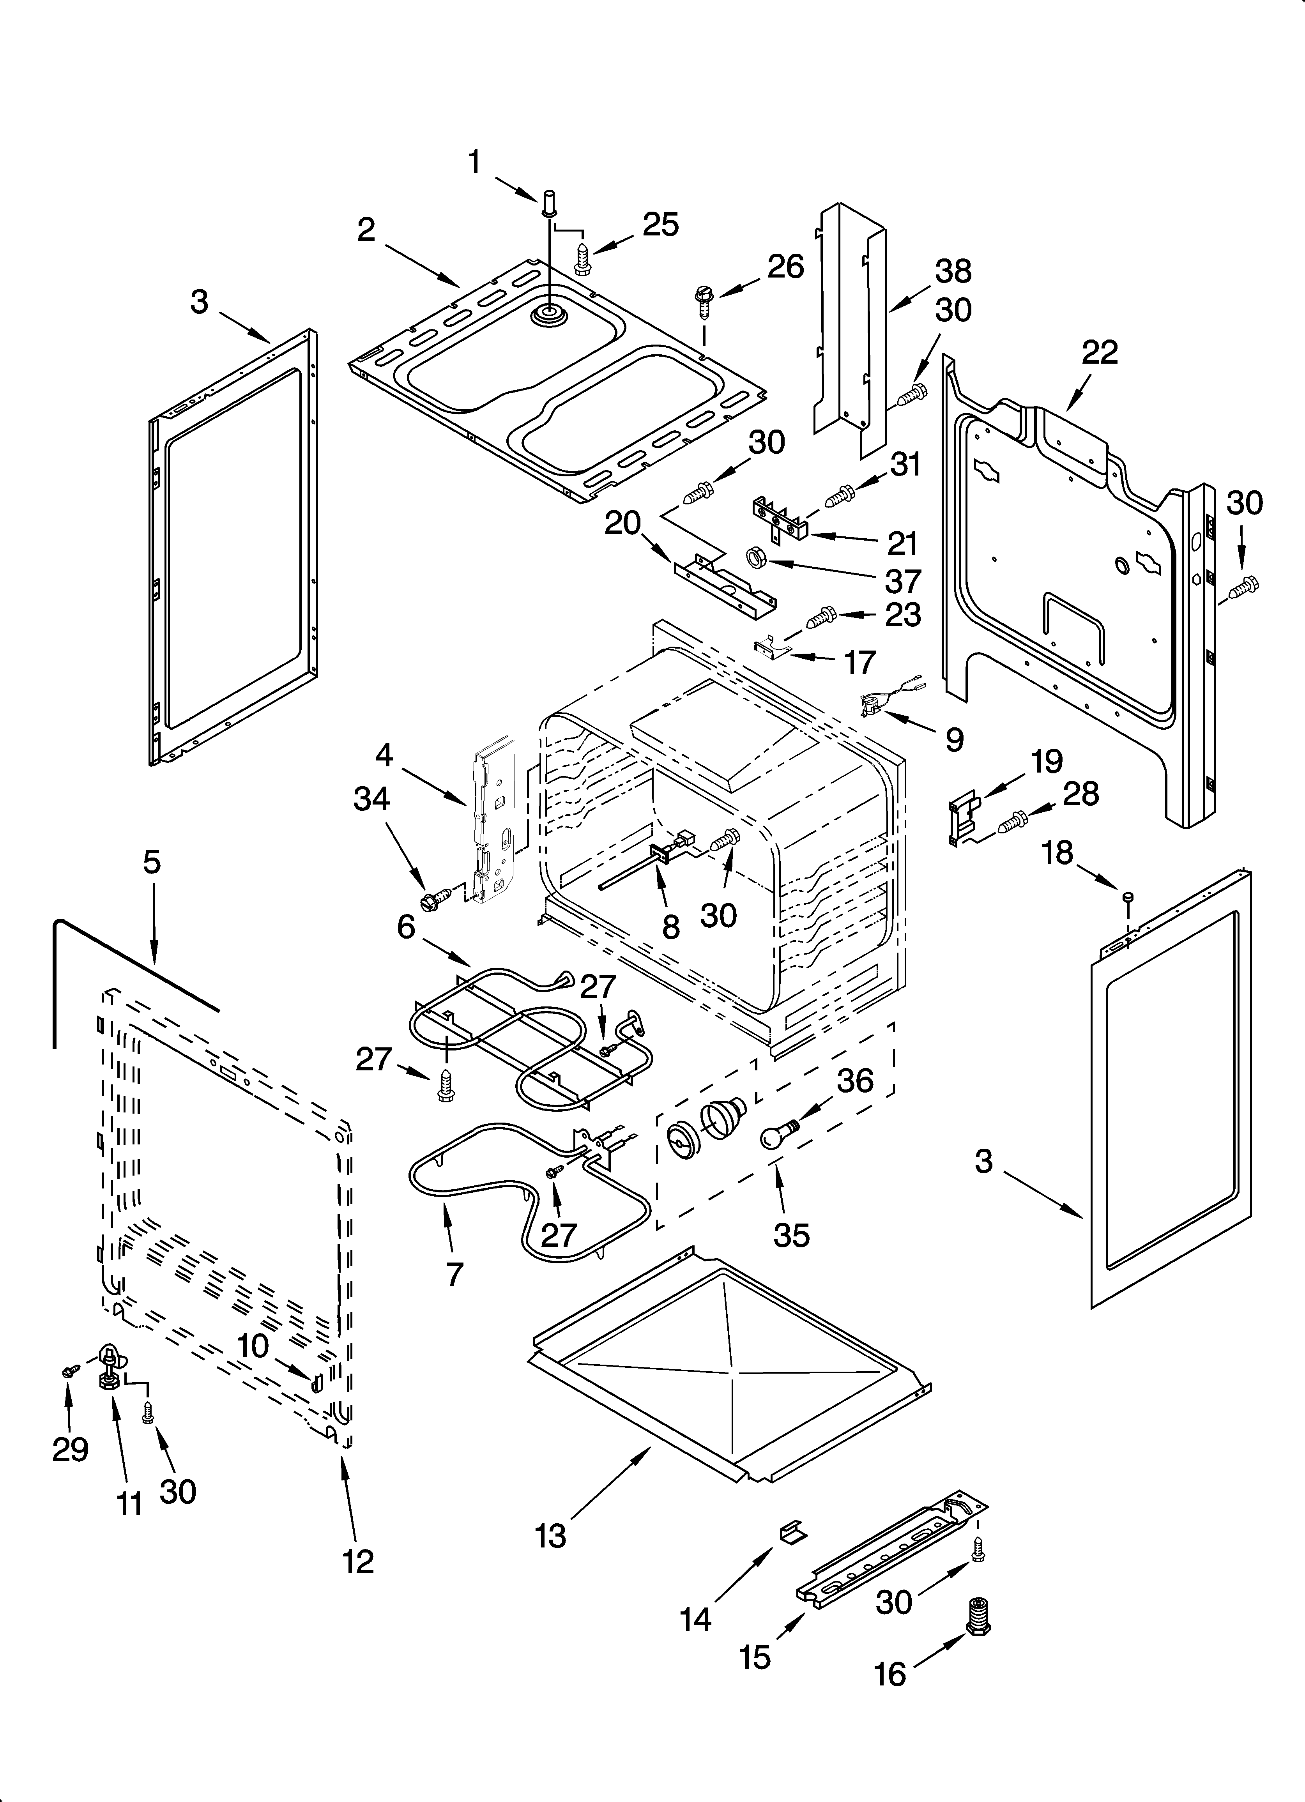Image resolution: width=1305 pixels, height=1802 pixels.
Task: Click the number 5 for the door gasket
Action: tap(152, 861)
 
